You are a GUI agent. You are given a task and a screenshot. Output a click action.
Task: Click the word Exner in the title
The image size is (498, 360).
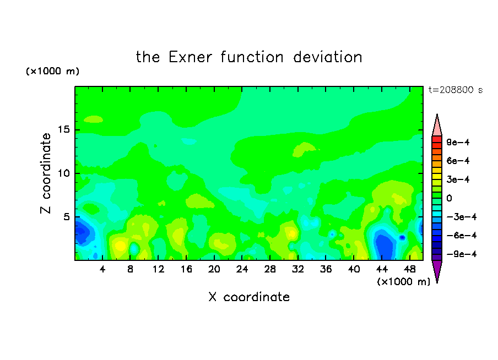tap(190, 57)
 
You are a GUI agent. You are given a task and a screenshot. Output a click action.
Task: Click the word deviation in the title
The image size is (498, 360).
tap(328, 57)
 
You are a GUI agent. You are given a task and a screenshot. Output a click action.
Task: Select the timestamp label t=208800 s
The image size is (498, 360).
tap(456, 90)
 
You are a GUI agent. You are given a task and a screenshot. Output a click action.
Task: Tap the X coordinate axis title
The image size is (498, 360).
tap(249, 297)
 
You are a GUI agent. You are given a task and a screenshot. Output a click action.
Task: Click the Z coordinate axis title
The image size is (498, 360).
tap(46, 173)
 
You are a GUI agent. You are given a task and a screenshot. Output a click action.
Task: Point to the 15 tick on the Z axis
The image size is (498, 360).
tap(63, 129)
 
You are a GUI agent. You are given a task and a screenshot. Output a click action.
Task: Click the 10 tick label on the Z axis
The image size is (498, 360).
tap(63, 173)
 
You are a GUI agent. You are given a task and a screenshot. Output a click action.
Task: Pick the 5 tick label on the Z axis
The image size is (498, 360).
tap(66, 217)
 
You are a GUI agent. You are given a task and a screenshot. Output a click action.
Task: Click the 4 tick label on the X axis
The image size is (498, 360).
tap(102, 269)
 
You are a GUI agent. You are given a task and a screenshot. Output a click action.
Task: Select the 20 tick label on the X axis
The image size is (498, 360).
tap(214, 269)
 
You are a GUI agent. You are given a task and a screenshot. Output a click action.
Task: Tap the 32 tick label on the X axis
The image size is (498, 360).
tap(298, 269)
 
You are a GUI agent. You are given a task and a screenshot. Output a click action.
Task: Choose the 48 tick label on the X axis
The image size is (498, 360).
tap(410, 269)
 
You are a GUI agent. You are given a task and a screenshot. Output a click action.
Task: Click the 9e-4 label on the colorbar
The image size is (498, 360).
tap(458, 142)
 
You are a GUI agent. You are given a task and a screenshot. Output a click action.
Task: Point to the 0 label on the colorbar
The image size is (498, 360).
tap(449, 198)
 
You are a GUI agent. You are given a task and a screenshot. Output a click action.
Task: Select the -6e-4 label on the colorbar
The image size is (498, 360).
tap(462, 236)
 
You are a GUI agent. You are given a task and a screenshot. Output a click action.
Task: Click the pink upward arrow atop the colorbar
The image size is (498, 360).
tap(437, 125)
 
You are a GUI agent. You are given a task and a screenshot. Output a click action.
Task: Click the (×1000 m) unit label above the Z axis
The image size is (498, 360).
tap(52, 71)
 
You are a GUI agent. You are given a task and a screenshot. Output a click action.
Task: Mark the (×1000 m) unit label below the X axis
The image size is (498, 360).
tap(403, 282)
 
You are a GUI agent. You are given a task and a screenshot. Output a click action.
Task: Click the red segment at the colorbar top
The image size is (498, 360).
tap(437, 139)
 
